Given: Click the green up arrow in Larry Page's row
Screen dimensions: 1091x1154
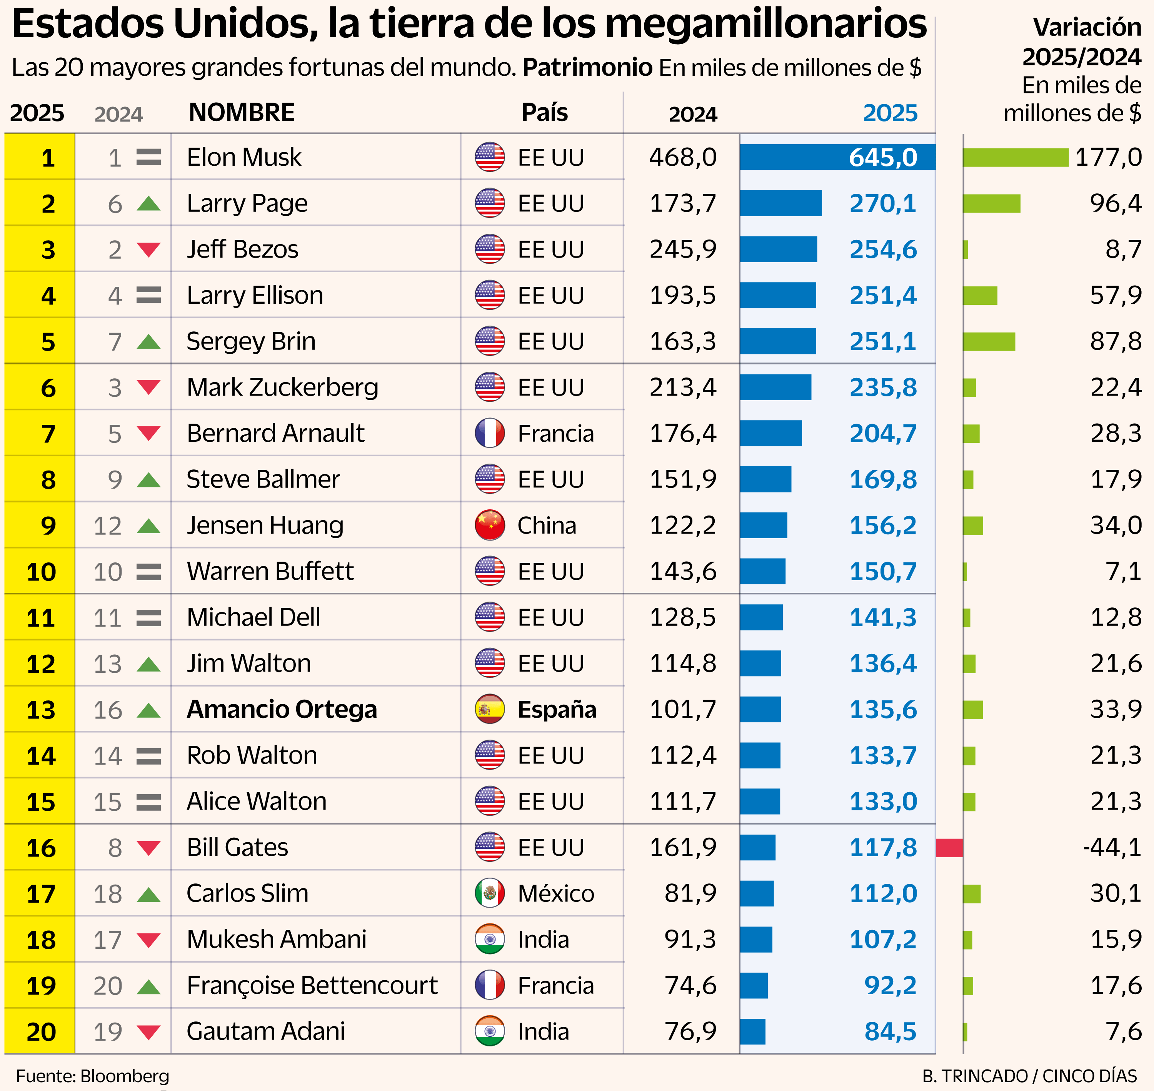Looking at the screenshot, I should [149, 203].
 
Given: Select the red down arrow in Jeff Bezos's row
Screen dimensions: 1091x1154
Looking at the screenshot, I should [149, 249].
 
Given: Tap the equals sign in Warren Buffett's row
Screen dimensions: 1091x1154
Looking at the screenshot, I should [149, 572].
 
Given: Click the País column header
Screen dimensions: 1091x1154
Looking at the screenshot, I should [544, 113].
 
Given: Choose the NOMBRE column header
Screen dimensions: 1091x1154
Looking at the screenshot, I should [242, 113].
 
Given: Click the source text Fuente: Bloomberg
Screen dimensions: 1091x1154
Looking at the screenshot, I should [93, 1076].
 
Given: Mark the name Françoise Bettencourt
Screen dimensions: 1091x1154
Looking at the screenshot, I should [312, 986].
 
